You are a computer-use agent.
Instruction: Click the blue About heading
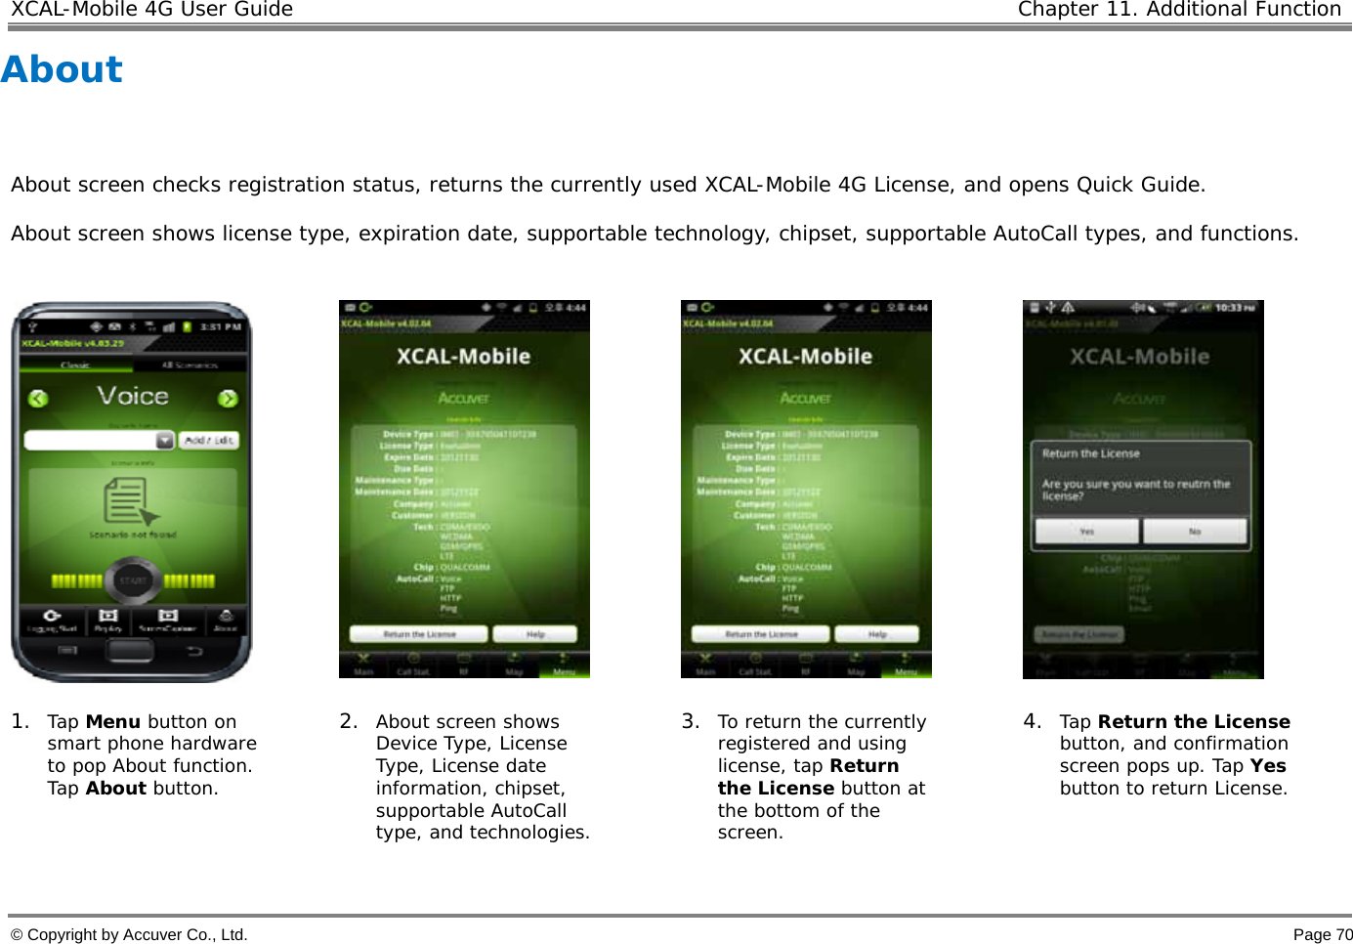click(x=62, y=69)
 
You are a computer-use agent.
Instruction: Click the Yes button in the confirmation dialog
click(x=1086, y=531)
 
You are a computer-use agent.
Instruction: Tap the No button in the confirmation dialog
click(x=1195, y=531)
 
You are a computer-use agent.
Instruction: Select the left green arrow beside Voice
click(x=38, y=398)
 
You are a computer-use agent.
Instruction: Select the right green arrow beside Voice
click(x=228, y=398)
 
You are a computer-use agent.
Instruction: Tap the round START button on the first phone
click(x=133, y=579)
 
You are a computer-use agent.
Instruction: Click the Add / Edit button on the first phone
click(x=209, y=441)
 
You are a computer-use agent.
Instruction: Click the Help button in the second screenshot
click(x=535, y=634)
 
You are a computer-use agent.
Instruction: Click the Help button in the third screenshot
click(x=877, y=634)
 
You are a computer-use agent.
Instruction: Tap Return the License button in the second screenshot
click(x=419, y=634)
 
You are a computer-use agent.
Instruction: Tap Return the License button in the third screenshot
click(x=761, y=634)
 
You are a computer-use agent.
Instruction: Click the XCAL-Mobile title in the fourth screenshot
click(x=1139, y=357)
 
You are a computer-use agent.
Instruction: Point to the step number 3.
click(x=690, y=721)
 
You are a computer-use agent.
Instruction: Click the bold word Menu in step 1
click(x=113, y=722)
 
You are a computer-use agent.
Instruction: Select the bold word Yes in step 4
click(x=1268, y=766)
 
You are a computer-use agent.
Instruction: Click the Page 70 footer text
click(x=1323, y=934)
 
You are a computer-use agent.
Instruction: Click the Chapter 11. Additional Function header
click(x=1179, y=10)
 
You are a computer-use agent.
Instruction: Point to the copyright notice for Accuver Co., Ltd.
click(x=129, y=934)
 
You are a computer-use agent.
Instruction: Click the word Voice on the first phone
click(x=133, y=396)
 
